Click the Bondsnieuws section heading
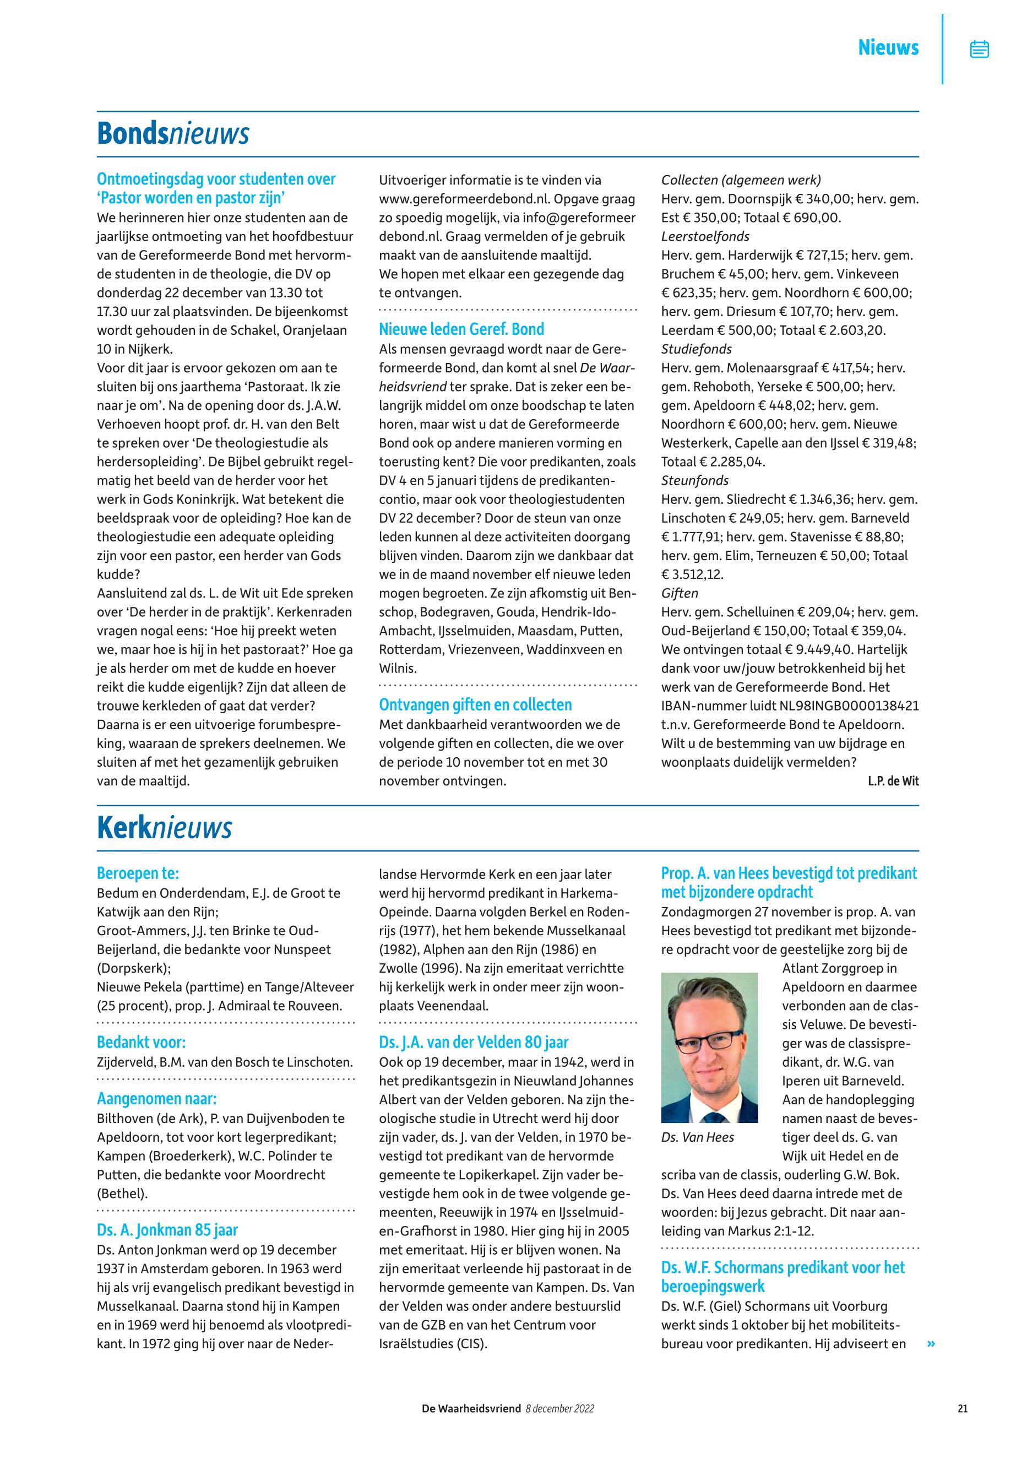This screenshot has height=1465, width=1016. [172, 134]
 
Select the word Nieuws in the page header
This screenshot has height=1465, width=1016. [888, 48]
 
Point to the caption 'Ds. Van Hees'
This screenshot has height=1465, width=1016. [698, 1138]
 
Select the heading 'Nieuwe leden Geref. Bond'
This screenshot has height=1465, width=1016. [461, 329]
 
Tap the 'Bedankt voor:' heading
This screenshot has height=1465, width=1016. [142, 1042]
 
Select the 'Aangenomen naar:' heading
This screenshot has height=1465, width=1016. [156, 1099]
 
